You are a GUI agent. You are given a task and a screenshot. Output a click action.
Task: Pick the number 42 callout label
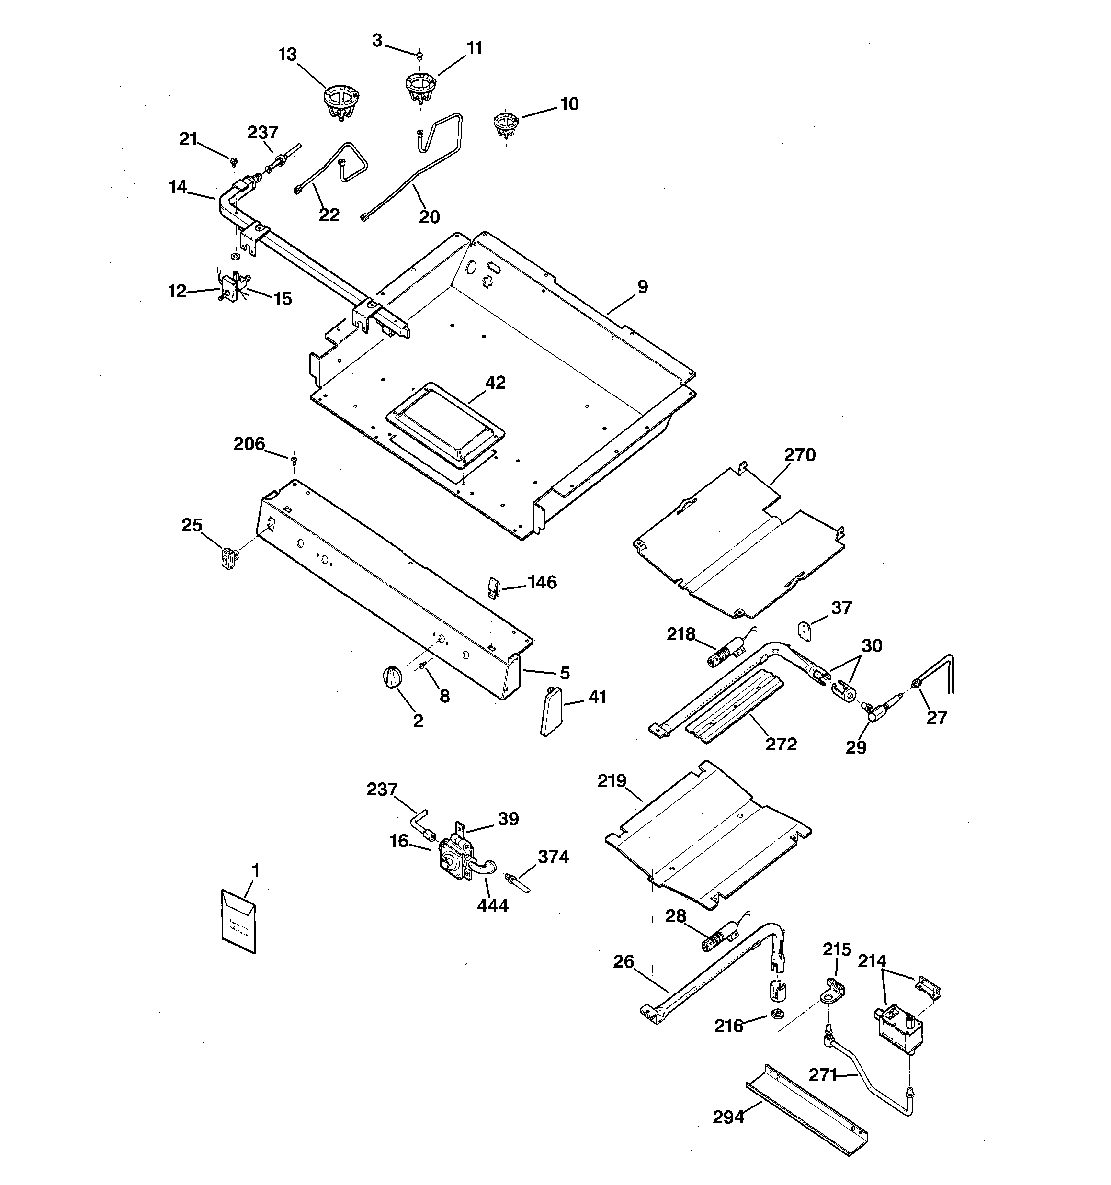point(495,382)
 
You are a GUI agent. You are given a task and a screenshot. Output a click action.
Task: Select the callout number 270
point(799,455)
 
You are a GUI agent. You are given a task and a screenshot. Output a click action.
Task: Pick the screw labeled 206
point(294,460)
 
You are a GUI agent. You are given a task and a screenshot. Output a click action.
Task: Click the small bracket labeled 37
point(805,631)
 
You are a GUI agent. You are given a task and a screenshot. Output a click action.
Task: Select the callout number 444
point(493,905)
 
